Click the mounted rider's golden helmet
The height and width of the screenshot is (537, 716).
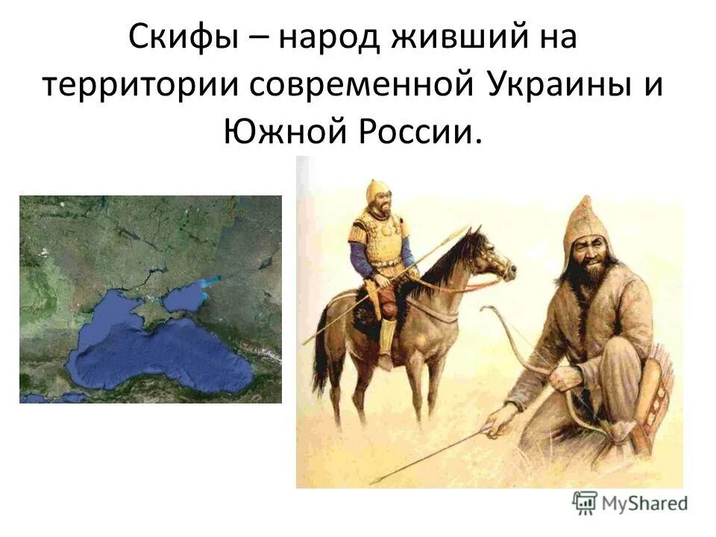(376, 192)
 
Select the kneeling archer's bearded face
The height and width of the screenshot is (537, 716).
(588, 257)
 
